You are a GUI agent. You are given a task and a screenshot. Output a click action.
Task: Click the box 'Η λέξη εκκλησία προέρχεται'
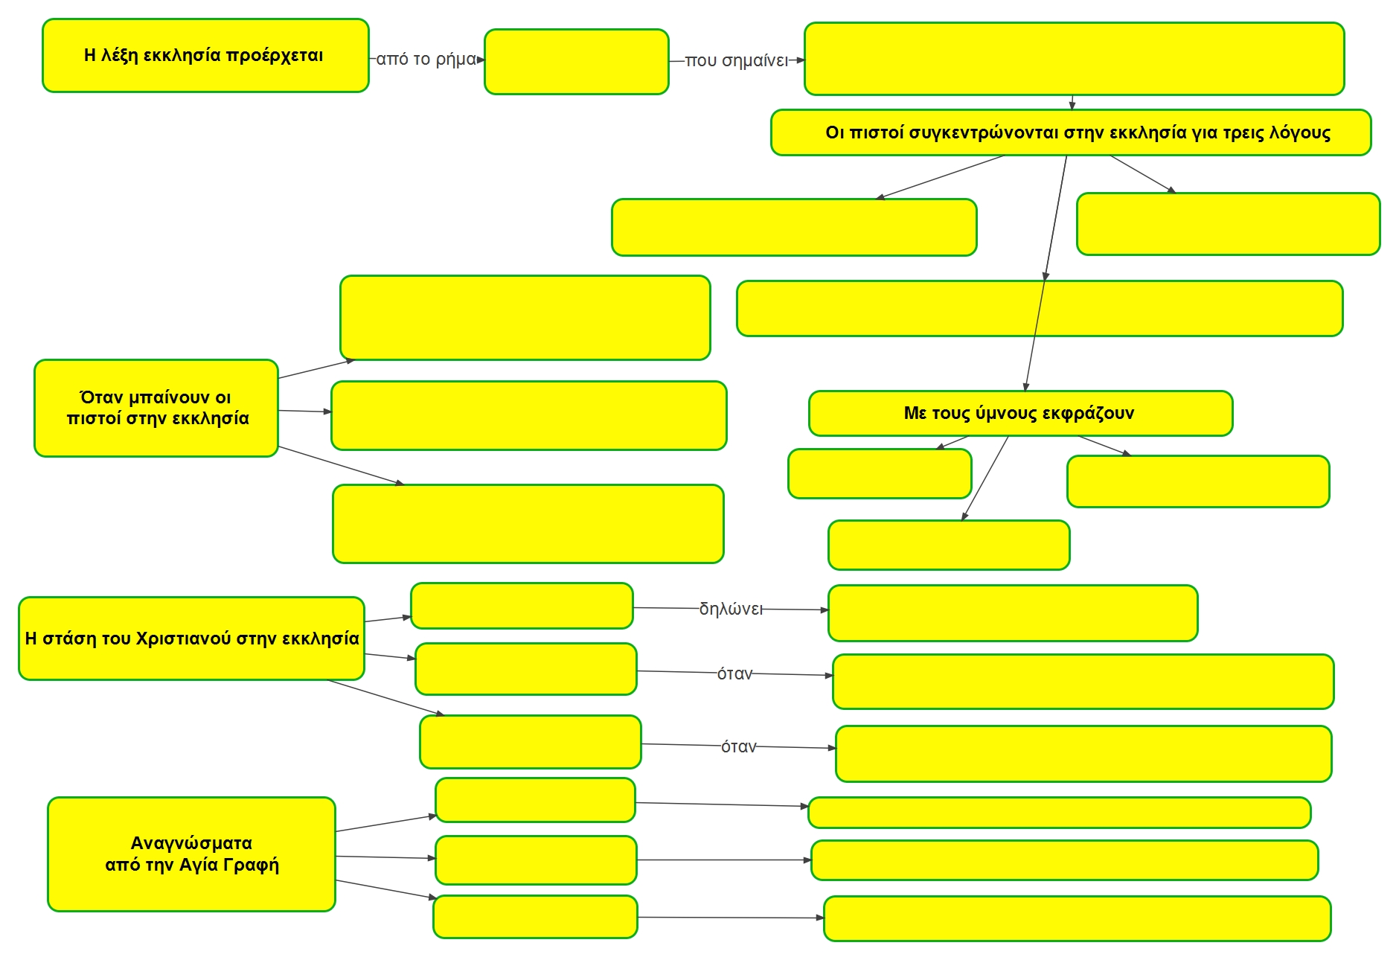[x=205, y=56]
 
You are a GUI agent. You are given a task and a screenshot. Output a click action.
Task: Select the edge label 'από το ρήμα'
[x=426, y=60]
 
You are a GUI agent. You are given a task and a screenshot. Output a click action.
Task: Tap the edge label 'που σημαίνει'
[x=736, y=61]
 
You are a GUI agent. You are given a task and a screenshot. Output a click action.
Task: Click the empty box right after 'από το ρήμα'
[x=576, y=62]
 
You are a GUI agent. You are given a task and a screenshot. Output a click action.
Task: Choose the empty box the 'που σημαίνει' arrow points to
[x=1074, y=59]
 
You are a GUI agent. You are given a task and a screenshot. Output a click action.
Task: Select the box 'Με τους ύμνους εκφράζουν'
[x=1020, y=413]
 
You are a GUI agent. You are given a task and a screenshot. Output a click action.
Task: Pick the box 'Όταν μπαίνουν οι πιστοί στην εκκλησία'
[x=156, y=409]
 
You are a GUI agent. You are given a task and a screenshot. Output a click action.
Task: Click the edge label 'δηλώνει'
[x=731, y=609]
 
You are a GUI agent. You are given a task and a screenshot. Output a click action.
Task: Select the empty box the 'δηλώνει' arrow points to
[x=1012, y=613]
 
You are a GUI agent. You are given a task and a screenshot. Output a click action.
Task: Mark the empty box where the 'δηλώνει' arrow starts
[x=522, y=606]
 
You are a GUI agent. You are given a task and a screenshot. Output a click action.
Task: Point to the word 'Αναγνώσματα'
[x=191, y=843]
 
